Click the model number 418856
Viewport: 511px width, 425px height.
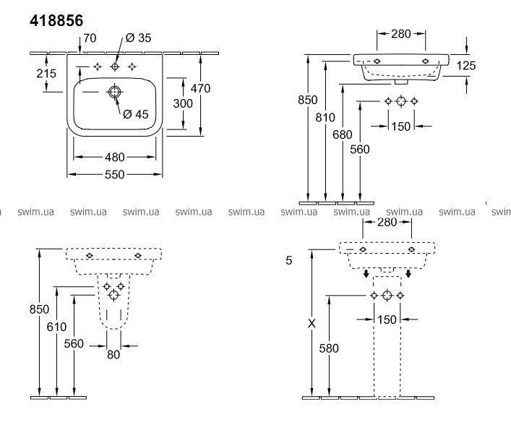(61, 22)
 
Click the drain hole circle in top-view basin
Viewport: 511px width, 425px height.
(115, 92)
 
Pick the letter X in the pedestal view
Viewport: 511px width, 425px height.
(312, 324)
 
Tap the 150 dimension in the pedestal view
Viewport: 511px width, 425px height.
(387, 319)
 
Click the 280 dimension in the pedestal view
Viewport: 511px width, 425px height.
(387, 222)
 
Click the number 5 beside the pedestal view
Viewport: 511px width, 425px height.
(288, 259)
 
